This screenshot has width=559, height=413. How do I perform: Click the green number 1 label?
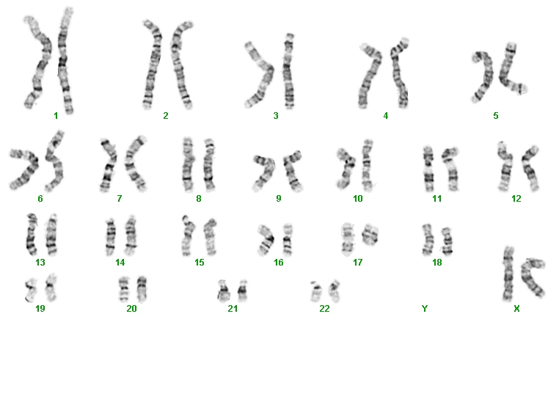pyautogui.click(x=56, y=115)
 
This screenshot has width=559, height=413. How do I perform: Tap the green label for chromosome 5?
pyautogui.click(x=495, y=115)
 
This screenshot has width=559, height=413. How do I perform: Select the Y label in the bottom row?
pyautogui.click(x=424, y=308)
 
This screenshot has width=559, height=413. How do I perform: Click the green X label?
pyautogui.click(x=516, y=309)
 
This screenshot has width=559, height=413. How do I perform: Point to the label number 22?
pyautogui.click(x=324, y=308)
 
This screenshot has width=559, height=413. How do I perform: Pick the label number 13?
pyautogui.click(x=40, y=263)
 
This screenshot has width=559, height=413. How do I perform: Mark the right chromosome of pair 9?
pyautogui.click(x=292, y=170)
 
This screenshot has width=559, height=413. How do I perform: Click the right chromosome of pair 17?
pyautogui.click(x=370, y=235)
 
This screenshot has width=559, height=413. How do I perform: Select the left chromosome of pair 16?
pyautogui.click(x=268, y=239)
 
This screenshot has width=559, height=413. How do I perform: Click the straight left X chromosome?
pyautogui.click(x=508, y=274)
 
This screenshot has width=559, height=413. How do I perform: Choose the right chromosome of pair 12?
pyautogui.click(x=530, y=169)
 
